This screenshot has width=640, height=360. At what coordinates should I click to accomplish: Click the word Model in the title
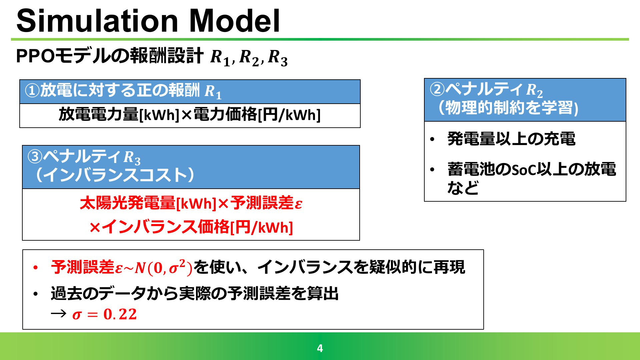point(235,21)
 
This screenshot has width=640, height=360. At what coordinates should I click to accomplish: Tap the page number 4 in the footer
point(320,348)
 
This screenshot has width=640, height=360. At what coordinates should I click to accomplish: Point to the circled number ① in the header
point(33,90)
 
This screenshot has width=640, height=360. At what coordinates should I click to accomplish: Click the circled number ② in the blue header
point(437,89)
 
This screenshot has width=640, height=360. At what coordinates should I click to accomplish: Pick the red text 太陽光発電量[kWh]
point(148,203)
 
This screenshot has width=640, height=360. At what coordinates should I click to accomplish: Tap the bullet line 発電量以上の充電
point(511,139)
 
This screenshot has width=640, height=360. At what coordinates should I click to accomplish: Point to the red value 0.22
point(120,314)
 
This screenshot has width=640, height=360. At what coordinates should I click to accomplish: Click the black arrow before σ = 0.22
point(59,313)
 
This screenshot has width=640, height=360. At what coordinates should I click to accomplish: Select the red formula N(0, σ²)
point(164,267)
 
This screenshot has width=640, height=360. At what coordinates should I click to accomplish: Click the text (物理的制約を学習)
point(508,108)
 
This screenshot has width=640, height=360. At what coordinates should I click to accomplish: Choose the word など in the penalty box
point(463,188)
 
